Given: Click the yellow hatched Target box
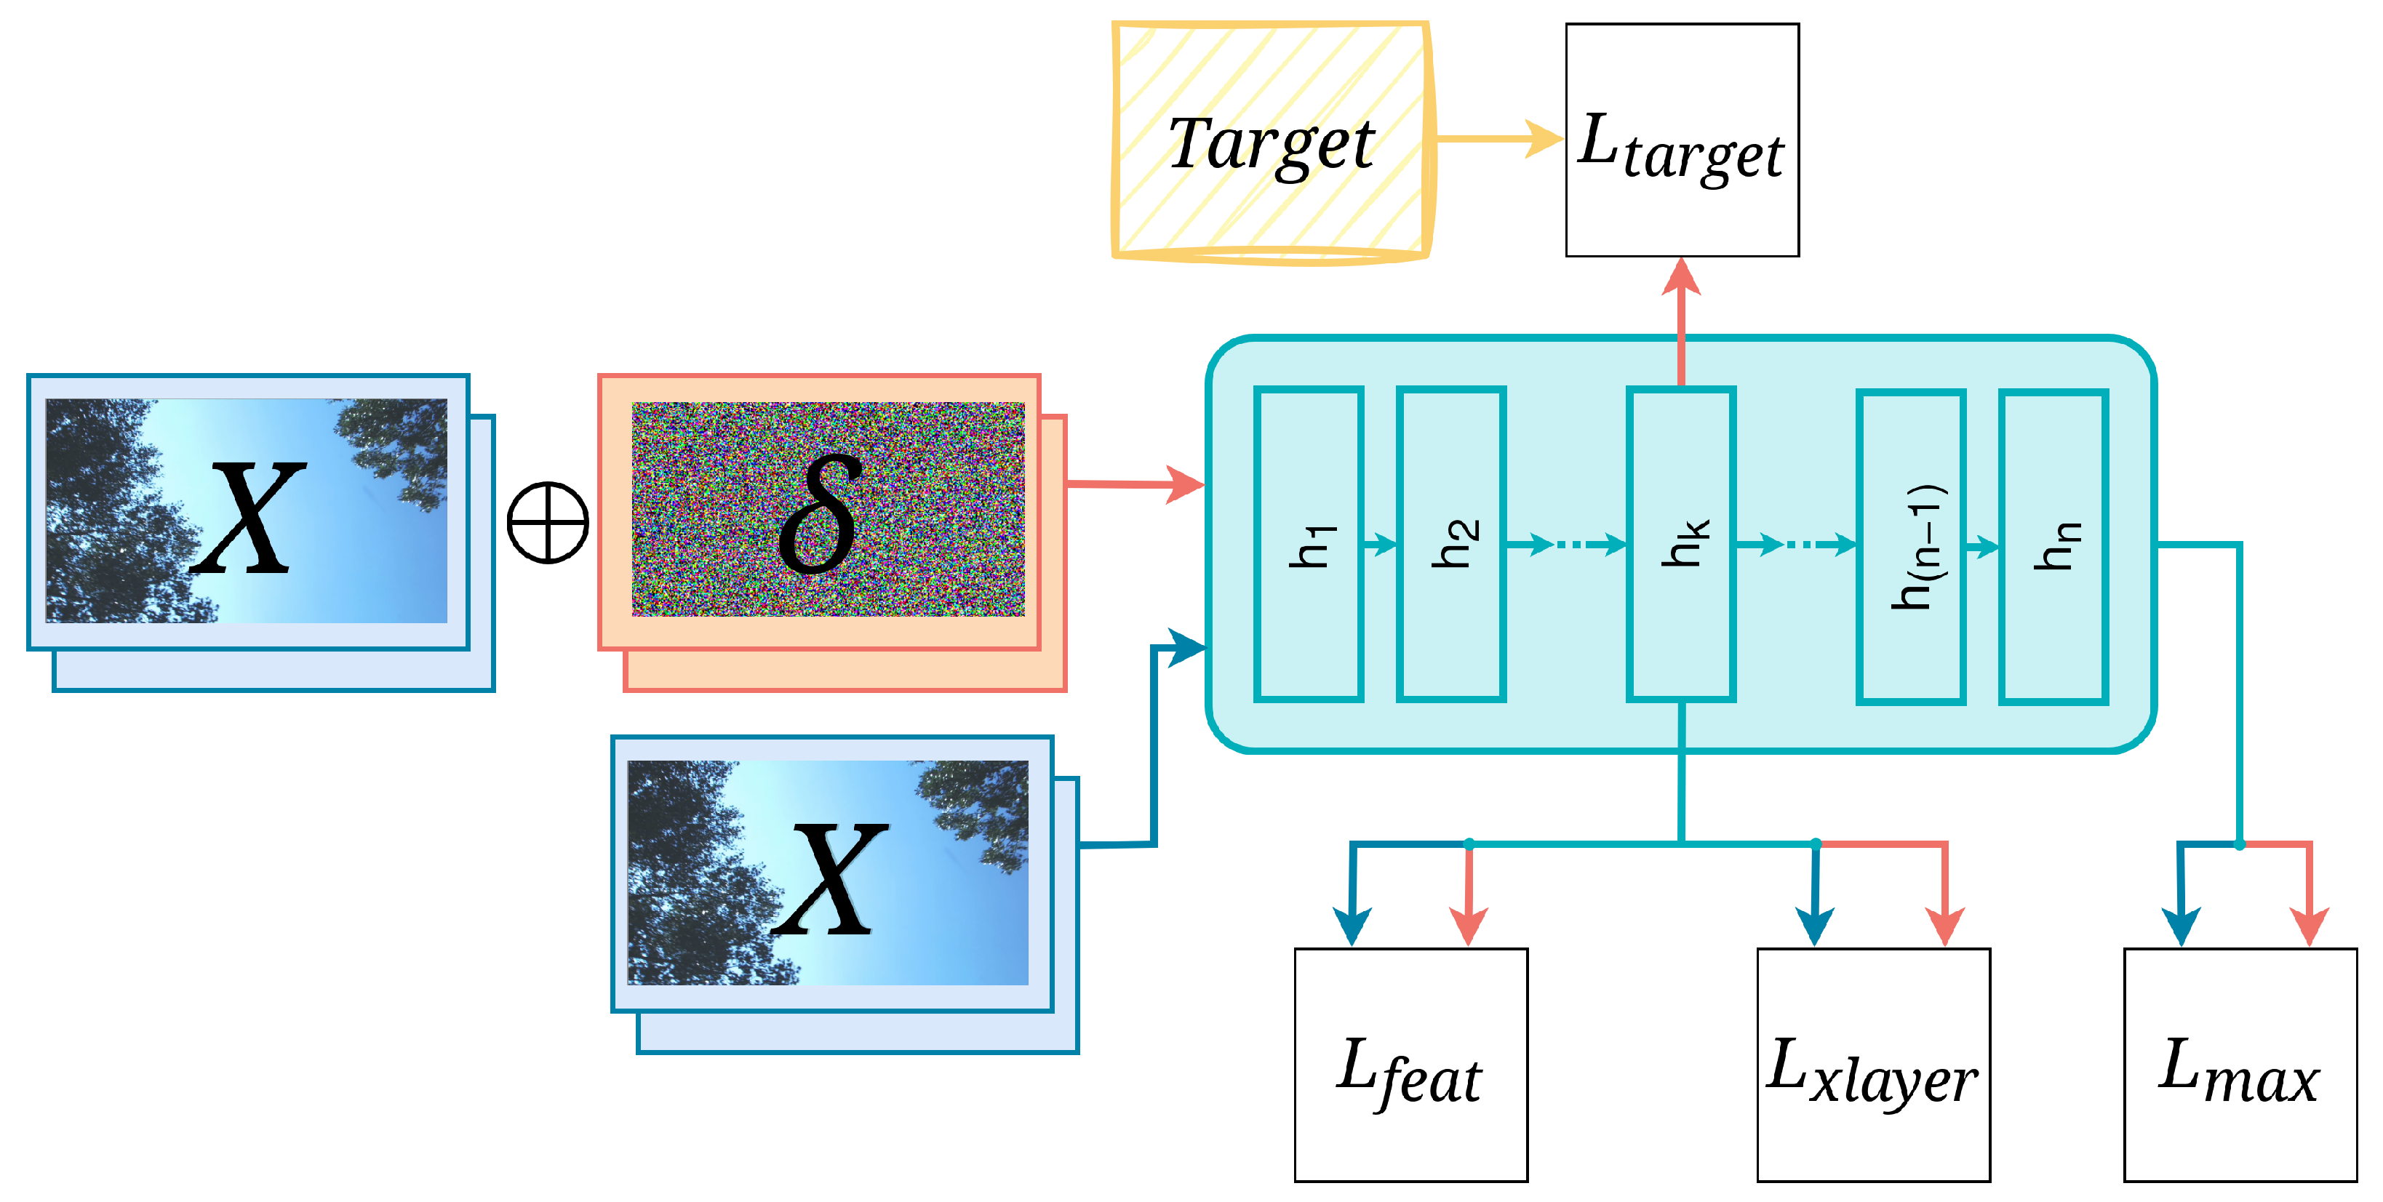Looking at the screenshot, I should coord(1272,140).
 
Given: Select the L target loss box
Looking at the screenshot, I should coord(1682,140).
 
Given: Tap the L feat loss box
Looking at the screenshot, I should coord(1410,1065).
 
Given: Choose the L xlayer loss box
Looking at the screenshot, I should coord(1873,1065).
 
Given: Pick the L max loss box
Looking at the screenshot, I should coord(2240,1065).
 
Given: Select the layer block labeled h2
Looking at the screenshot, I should coord(1451,545).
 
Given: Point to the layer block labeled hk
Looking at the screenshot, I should coord(1681,545).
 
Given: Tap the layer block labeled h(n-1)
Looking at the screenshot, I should coord(1911,546).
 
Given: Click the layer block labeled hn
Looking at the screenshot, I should coord(2053,546).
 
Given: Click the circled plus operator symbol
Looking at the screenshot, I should coord(548,522).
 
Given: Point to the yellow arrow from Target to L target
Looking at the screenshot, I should coord(1498,139).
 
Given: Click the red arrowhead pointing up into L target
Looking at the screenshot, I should coord(1681,276).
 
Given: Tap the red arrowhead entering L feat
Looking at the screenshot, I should coord(1468,925).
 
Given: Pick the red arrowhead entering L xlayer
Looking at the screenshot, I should coord(1944,925).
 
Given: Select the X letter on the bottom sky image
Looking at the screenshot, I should coord(830,878).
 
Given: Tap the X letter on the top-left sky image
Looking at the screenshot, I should coord(248,517).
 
